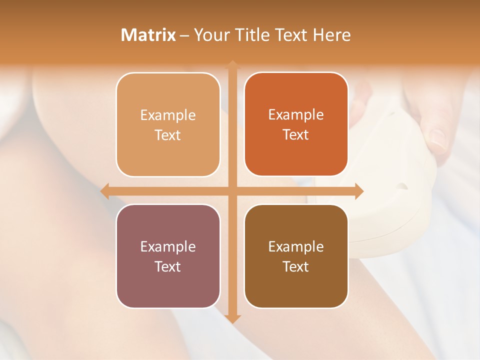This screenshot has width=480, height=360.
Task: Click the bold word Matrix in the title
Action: [x=148, y=35]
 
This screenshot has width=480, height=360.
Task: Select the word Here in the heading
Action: [x=332, y=35]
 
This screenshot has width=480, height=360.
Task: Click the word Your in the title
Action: [x=211, y=35]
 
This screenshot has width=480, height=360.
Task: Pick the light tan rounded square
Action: [x=168, y=124]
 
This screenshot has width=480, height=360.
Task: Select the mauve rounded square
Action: [x=168, y=256]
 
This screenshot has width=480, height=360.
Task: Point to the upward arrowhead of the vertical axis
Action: [x=232, y=64]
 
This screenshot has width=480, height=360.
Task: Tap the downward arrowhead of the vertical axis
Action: [x=232, y=319]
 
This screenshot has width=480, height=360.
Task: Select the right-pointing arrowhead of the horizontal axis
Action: [x=359, y=191]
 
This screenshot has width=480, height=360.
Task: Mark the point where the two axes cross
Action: [x=232, y=191]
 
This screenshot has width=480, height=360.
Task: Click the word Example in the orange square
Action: [x=296, y=114]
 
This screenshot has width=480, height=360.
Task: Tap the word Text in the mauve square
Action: [x=168, y=266]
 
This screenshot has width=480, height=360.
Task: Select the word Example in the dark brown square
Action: [x=296, y=246]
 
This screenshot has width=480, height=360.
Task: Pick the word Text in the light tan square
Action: [x=168, y=135]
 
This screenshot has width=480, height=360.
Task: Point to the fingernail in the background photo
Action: [x=438, y=139]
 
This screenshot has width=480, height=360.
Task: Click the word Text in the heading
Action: [x=290, y=35]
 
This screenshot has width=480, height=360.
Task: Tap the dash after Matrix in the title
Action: [x=184, y=35]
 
